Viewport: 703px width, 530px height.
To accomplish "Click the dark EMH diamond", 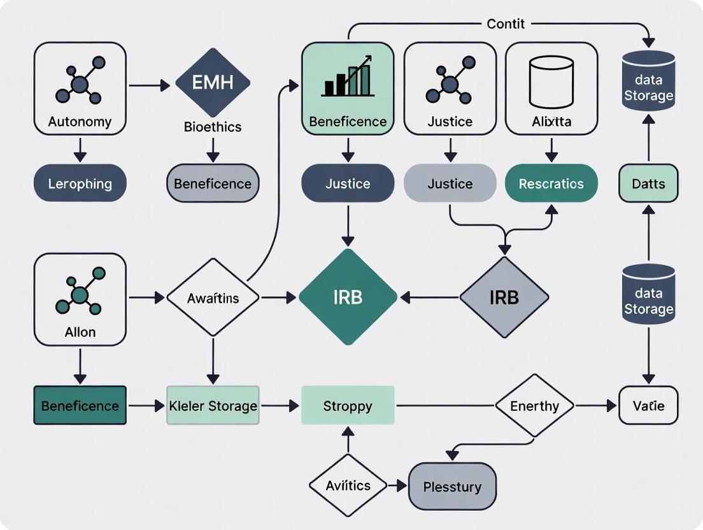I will tap(213, 83).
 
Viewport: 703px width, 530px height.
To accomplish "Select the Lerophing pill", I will tap(80, 183).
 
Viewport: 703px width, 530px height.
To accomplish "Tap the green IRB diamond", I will tap(348, 297).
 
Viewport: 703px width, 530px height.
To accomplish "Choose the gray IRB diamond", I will tap(504, 297).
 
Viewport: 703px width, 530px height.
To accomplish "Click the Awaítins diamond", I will tap(213, 297).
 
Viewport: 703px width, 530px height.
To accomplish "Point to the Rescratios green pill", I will tap(551, 183).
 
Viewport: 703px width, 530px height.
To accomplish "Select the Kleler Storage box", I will tap(213, 405).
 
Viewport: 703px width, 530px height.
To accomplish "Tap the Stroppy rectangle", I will tap(348, 405).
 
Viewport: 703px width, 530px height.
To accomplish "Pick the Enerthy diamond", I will tap(534, 406).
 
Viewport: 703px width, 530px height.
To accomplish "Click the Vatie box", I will tap(648, 405).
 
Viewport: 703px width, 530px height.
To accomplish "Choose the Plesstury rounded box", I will tap(452, 487).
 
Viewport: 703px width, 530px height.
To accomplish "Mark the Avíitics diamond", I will tap(348, 485).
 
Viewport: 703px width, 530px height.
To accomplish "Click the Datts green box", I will tap(648, 183).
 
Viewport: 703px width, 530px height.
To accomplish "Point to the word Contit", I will tap(506, 24).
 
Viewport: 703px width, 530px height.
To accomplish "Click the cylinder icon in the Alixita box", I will tap(551, 82).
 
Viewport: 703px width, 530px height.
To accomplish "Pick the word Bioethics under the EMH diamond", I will tap(213, 127).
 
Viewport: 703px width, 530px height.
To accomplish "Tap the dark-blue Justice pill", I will tap(348, 183).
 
